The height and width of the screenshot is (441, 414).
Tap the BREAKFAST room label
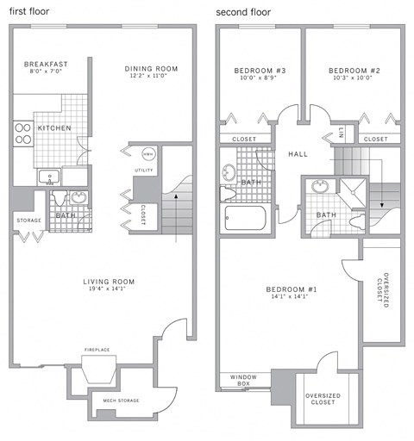tap(47, 64)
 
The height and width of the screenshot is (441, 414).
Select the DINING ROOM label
tap(151, 69)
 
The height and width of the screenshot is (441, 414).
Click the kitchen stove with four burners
tap(23, 134)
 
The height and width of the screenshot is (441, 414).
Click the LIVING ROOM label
tap(109, 282)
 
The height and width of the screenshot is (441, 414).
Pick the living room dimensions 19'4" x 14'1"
tap(109, 290)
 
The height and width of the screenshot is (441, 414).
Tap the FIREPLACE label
tap(96, 350)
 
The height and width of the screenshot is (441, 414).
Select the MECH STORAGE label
tap(122, 401)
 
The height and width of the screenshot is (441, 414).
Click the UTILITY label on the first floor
tap(143, 171)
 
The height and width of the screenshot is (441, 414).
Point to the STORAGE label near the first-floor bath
tap(28, 220)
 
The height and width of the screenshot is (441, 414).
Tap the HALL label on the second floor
tap(298, 153)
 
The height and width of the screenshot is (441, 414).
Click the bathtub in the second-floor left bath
tap(248, 218)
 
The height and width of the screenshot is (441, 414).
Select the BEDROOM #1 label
tap(291, 290)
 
